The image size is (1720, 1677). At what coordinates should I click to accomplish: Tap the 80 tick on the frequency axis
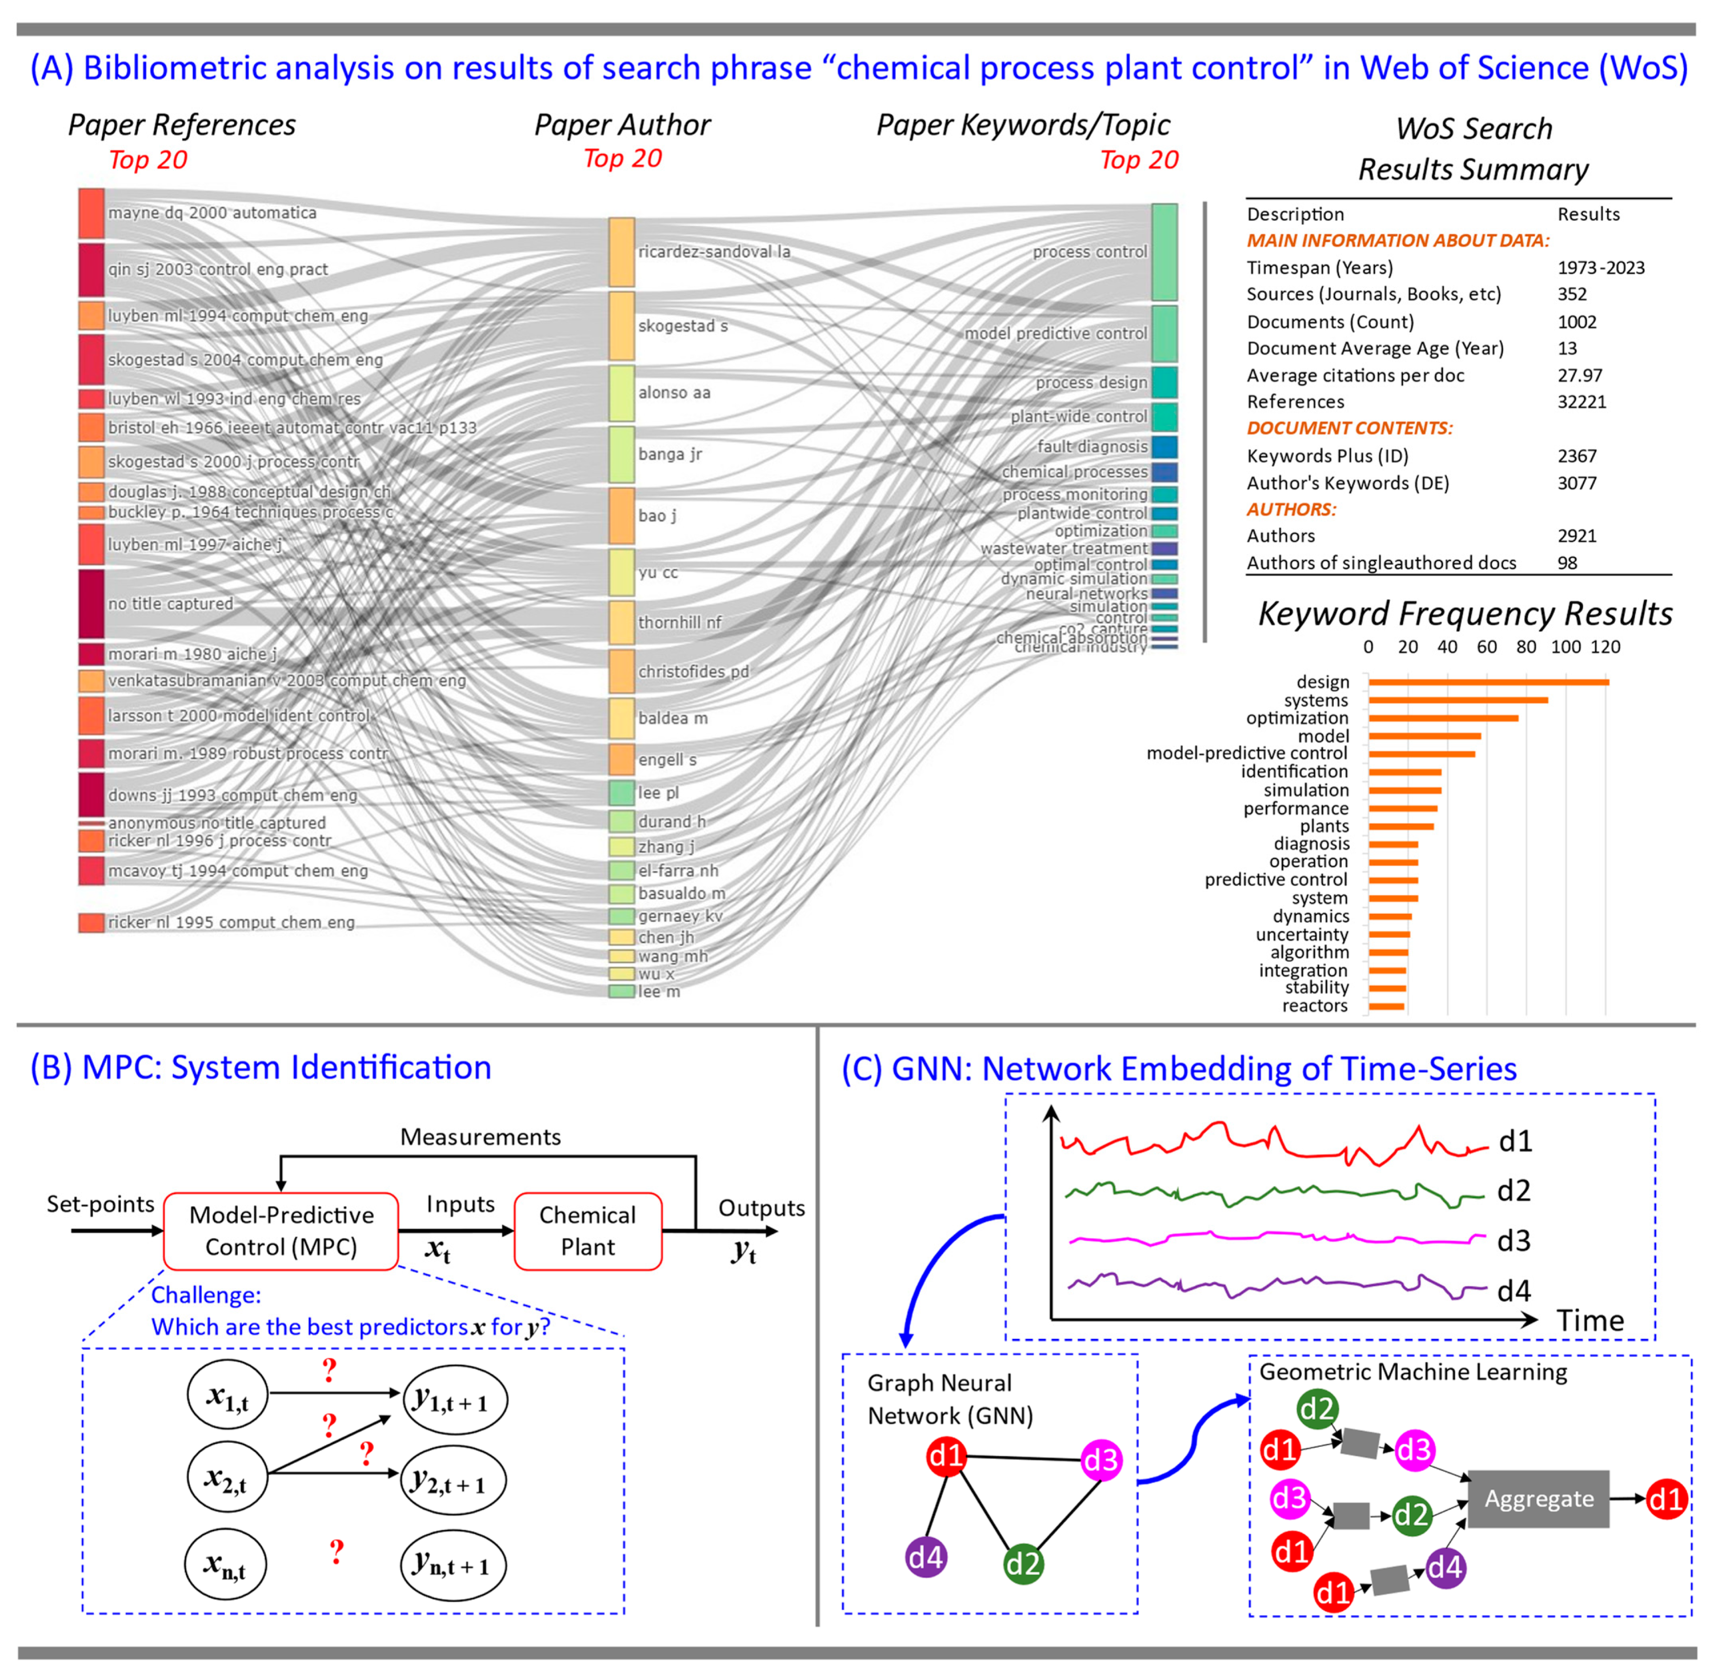[x=1526, y=647]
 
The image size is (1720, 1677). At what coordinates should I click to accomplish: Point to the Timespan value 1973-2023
[x=1600, y=268]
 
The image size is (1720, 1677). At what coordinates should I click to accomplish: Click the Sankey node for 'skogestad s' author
[x=621, y=326]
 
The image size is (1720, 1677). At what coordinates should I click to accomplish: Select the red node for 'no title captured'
[x=91, y=604]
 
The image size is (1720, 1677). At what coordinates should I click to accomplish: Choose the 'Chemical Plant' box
[x=587, y=1232]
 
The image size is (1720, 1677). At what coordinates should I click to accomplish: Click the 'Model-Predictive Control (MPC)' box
[x=281, y=1232]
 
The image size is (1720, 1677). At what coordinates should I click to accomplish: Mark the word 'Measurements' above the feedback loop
[x=480, y=1137]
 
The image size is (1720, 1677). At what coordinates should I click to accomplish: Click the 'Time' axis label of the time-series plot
[x=1590, y=1321]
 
